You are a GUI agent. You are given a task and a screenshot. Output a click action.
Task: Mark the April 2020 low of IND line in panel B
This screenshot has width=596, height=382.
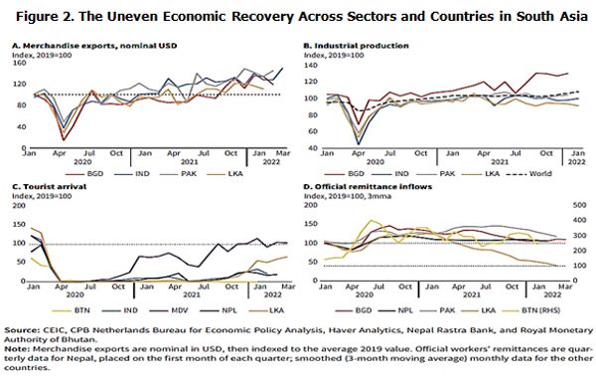(330, 144)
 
